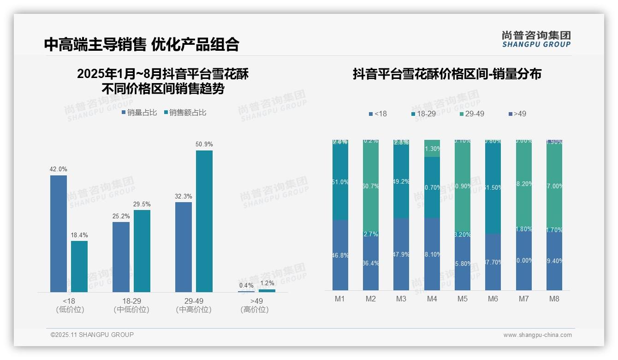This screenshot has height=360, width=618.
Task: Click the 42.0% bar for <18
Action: [x=59, y=234]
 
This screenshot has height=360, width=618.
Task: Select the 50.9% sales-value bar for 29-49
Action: [x=204, y=221]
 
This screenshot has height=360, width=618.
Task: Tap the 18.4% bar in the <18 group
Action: [x=79, y=266]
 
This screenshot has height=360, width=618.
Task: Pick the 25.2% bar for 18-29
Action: [x=121, y=257]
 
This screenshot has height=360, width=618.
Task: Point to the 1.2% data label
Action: [x=267, y=283]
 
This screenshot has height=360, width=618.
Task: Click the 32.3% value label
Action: [x=184, y=197]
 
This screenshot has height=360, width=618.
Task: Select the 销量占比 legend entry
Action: [x=139, y=113]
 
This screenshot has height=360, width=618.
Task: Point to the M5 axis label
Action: [x=463, y=299]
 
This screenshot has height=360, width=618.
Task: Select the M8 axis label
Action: [x=554, y=299]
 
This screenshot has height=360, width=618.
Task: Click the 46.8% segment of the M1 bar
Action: [x=340, y=255]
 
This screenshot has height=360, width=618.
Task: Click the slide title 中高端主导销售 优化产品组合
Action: [x=142, y=44]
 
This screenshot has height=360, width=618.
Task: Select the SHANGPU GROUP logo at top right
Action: [x=536, y=39]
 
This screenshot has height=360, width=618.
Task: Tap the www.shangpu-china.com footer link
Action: [x=537, y=335]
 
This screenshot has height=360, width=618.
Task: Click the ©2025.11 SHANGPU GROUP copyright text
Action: [x=92, y=335]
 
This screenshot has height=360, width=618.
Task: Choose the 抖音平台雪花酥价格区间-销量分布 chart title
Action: [x=447, y=74]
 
